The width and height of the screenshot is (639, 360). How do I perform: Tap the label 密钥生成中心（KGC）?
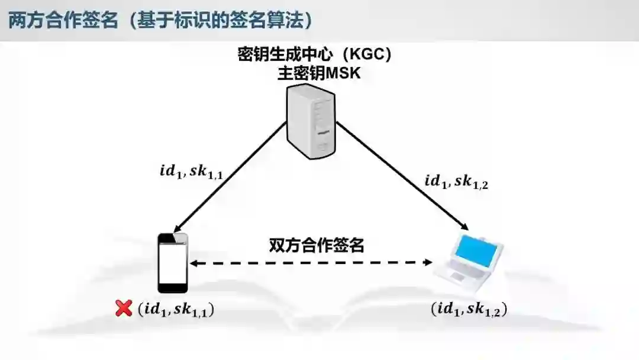(x=315, y=55)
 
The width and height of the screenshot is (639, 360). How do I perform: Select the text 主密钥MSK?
(x=315, y=74)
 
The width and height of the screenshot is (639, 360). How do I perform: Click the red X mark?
(x=124, y=308)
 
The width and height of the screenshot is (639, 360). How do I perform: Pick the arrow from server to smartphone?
(x=225, y=178)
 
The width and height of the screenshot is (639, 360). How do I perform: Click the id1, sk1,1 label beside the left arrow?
(x=190, y=172)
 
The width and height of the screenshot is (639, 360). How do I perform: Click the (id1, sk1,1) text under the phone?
(x=175, y=309)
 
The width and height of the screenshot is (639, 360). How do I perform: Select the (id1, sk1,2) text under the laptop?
(x=469, y=309)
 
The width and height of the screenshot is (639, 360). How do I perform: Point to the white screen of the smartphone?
(x=173, y=263)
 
